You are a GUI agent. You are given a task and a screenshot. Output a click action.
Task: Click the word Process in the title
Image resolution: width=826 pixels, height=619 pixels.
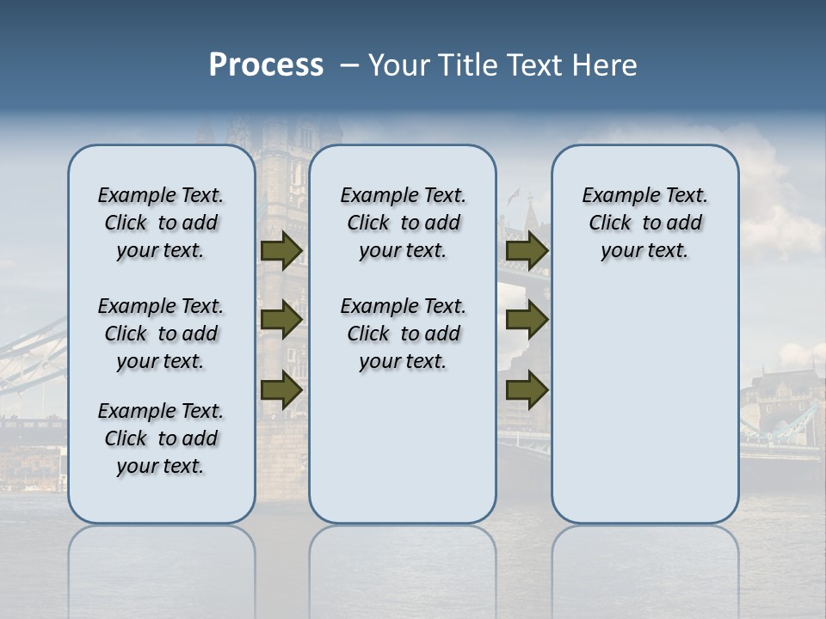click(266, 65)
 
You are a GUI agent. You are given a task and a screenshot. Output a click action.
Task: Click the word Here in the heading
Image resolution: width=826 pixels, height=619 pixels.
click(605, 65)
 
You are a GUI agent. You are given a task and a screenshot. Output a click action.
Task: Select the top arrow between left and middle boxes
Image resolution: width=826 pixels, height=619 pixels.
click(280, 251)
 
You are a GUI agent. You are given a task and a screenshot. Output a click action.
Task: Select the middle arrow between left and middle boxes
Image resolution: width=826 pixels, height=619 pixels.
click(280, 320)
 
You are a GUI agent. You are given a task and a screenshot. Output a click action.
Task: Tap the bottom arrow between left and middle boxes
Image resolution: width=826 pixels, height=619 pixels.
click(280, 389)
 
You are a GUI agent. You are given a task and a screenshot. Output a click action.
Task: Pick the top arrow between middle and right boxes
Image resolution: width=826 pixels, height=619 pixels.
click(527, 251)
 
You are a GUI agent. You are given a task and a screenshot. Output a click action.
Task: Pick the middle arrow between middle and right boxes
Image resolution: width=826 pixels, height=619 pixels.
click(527, 320)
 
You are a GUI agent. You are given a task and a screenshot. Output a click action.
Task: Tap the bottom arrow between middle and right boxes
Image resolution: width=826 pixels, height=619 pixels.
click(527, 389)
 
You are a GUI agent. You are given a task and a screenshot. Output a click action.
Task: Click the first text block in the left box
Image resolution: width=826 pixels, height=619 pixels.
click(161, 223)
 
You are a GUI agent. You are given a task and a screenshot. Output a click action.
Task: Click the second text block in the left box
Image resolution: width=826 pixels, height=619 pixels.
click(161, 334)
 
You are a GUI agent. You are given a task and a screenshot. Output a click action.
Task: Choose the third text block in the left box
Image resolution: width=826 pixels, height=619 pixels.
click(161, 438)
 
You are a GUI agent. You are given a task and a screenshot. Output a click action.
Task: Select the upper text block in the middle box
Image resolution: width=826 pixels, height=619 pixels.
click(403, 223)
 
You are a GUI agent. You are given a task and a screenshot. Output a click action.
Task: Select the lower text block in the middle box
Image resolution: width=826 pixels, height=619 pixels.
click(403, 334)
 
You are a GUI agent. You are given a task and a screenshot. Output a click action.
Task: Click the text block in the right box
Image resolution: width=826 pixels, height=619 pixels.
click(644, 223)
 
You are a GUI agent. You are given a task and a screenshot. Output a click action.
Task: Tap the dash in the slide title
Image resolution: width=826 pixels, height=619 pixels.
click(349, 65)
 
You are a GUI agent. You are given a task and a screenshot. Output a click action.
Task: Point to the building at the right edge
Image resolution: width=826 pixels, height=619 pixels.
click(783, 404)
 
